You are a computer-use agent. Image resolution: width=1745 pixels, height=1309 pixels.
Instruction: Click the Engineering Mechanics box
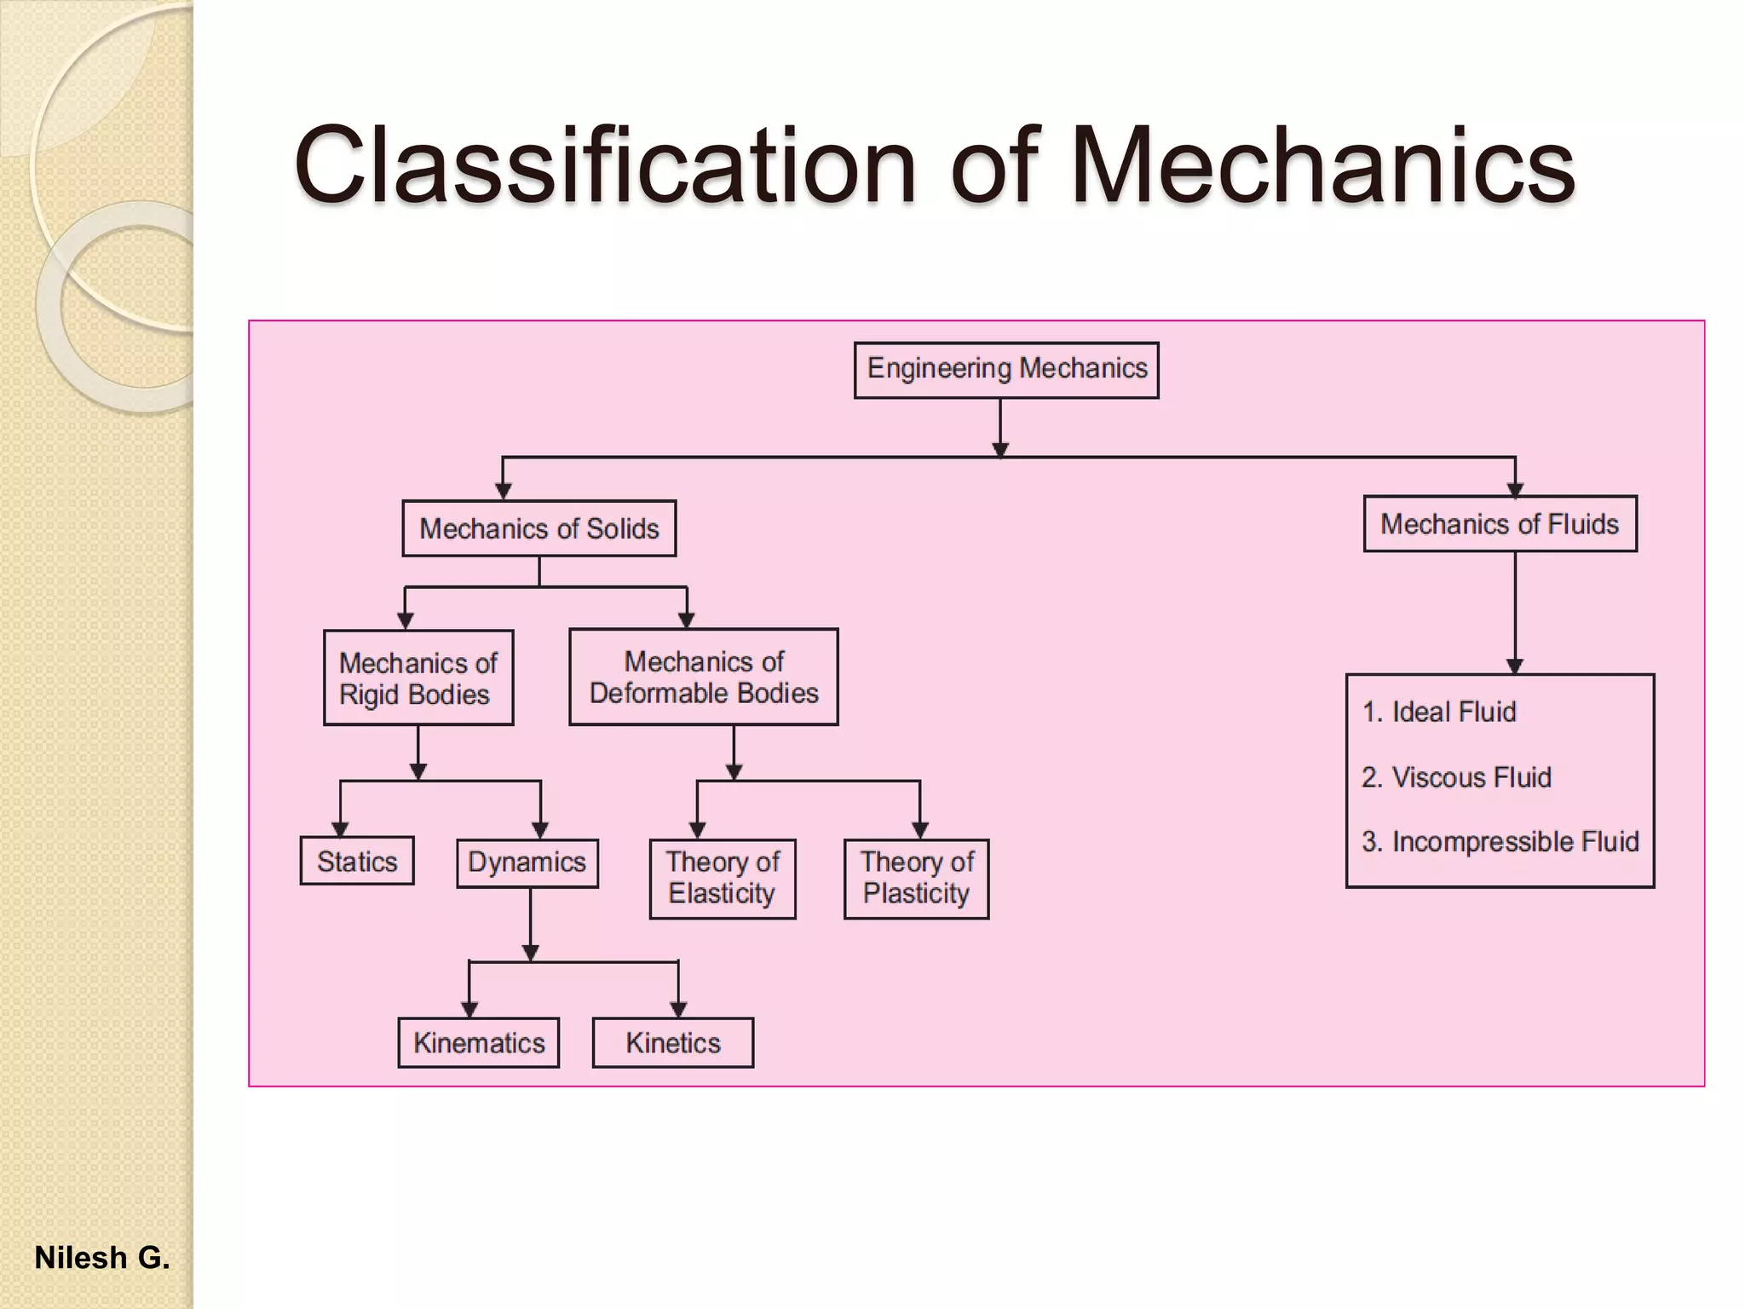(1006, 370)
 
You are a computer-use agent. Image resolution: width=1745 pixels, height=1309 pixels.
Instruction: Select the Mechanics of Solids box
(538, 528)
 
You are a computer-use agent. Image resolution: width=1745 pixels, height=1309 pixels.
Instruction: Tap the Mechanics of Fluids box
(1500, 524)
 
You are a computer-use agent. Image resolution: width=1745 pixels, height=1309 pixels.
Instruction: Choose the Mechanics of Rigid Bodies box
(418, 678)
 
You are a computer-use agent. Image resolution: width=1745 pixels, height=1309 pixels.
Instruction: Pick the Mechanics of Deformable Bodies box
(703, 678)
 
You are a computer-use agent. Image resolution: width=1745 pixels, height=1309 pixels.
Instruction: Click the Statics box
(357, 861)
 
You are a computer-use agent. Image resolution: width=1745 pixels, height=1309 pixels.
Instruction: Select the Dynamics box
(527, 862)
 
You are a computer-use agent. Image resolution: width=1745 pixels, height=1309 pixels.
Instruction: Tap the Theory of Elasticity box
(722, 878)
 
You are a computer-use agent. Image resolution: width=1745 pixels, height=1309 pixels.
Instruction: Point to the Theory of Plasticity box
(916, 878)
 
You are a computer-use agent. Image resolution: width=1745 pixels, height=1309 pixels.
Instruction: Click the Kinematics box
(478, 1042)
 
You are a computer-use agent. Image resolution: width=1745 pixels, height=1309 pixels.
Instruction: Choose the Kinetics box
(672, 1042)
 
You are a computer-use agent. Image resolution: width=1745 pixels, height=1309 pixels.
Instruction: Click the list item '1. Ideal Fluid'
(1439, 712)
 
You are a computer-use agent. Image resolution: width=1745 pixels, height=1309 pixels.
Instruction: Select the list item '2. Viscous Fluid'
(1456, 777)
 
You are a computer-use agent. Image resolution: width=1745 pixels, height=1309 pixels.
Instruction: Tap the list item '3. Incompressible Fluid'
(1500, 842)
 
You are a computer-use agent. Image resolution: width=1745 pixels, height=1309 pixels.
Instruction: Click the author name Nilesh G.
(102, 1258)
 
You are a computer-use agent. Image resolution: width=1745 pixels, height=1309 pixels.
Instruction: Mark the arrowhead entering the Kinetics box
(678, 1010)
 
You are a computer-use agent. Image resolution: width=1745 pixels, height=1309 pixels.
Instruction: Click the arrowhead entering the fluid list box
(1514, 666)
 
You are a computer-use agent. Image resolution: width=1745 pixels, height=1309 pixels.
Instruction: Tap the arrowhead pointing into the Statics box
(340, 829)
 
